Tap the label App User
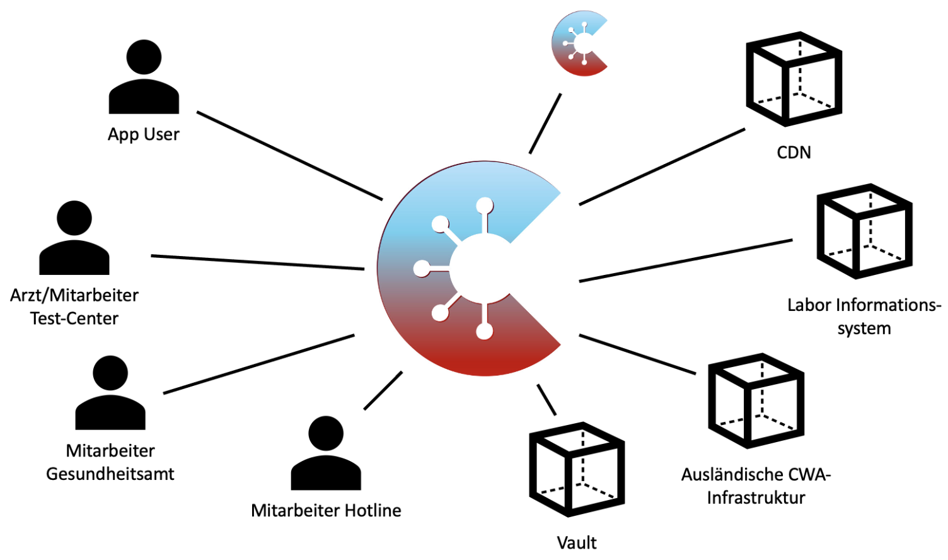tap(144, 134)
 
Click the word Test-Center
tap(74, 318)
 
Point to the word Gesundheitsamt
tap(110, 474)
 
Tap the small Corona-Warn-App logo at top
tap(579, 44)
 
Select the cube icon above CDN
tap(794, 79)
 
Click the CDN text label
tap(794, 153)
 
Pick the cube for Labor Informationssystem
tap(864, 231)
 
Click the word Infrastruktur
tap(756, 498)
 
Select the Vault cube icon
tap(577, 469)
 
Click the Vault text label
tap(577, 542)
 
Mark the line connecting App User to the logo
tap(289, 156)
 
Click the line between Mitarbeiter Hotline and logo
tap(383, 390)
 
